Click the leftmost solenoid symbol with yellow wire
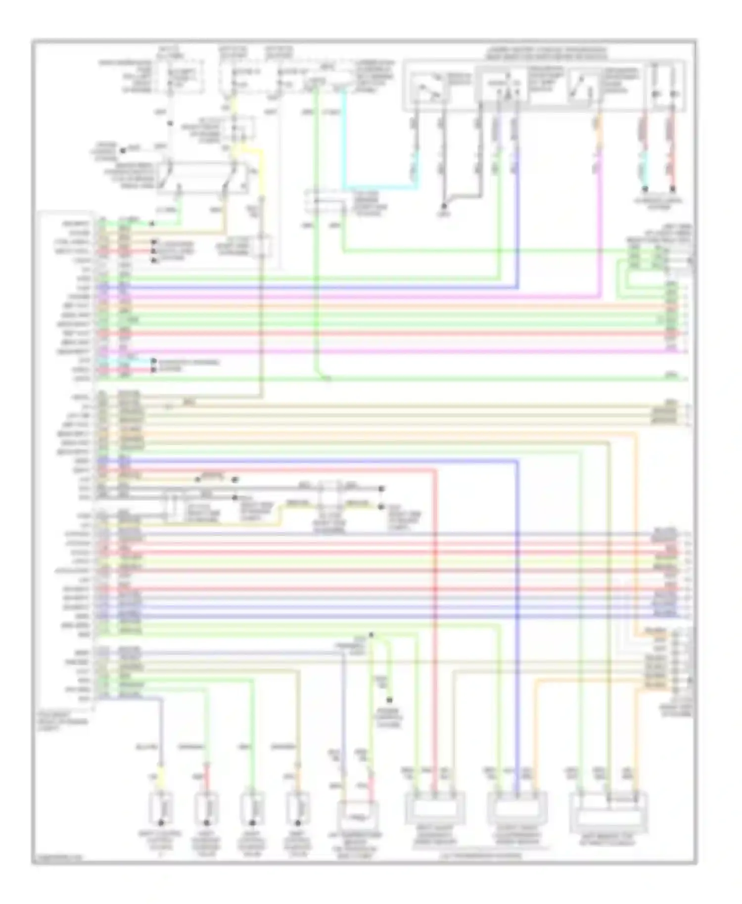(x=161, y=809)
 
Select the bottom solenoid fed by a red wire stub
(x=206, y=809)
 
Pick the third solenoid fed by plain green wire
(x=252, y=809)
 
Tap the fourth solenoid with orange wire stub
(x=297, y=809)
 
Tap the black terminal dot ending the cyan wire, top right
(x=645, y=188)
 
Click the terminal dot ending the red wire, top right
(x=673, y=188)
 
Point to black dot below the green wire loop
(x=389, y=700)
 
